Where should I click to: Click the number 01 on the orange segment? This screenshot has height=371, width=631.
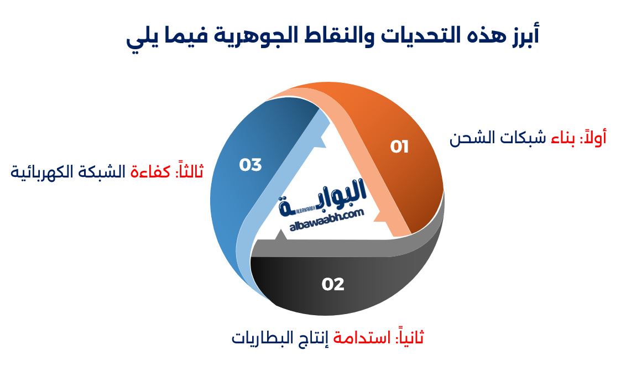coord(399,147)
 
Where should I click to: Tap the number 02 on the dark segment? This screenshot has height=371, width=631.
coord(333,284)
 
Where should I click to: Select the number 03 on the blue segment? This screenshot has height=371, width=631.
coord(250,165)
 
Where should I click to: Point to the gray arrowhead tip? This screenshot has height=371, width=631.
coord(280,236)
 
